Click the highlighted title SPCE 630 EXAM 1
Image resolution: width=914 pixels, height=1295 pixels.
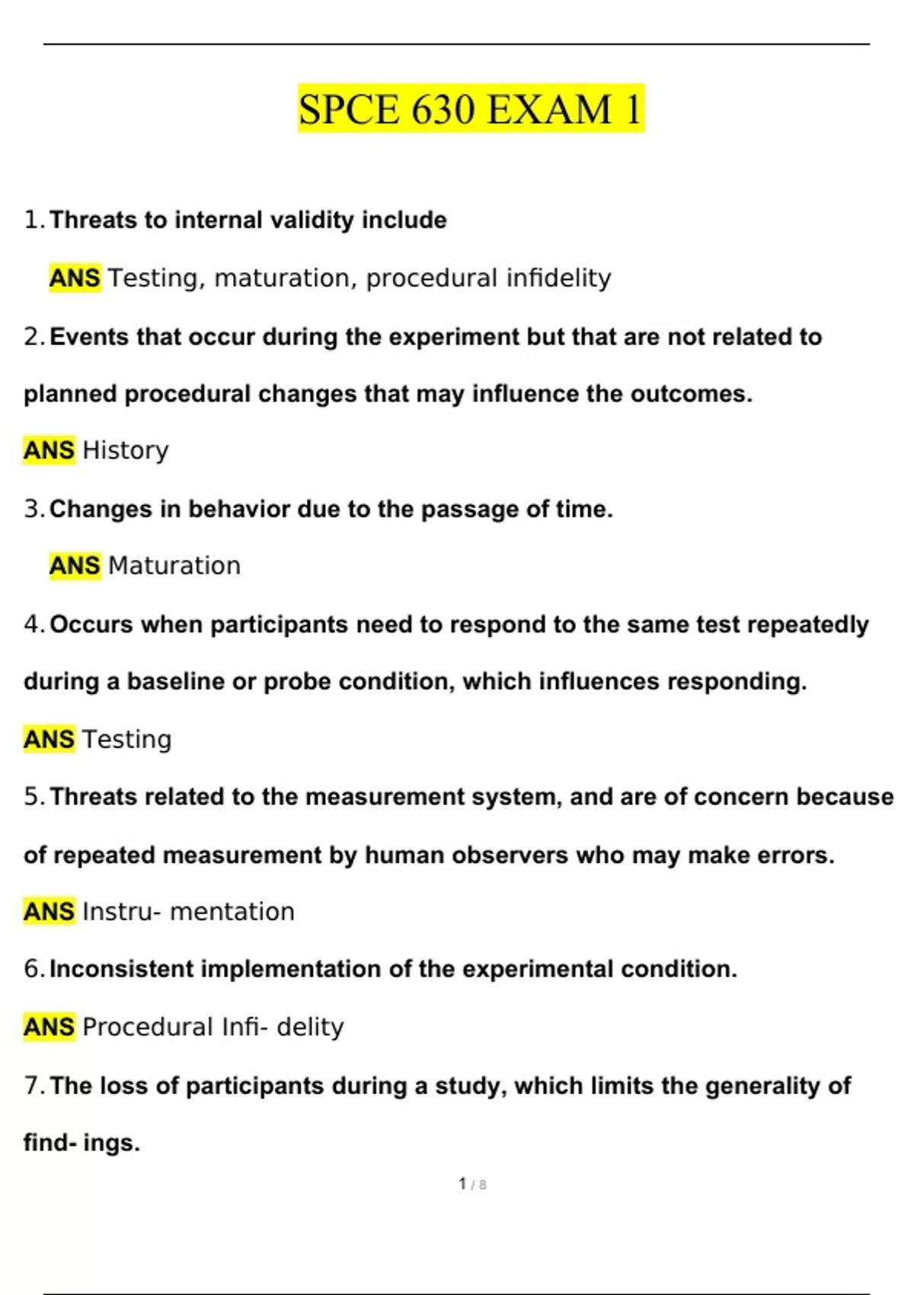coord(471,108)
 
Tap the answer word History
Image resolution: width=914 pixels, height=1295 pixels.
coord(126,450)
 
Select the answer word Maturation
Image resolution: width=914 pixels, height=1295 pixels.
coord(174,566)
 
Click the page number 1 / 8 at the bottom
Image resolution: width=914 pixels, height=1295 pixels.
coord(472,1184)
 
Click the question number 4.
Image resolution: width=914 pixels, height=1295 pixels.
coord(34,625)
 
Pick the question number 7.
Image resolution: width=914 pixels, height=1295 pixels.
coord(34,1086)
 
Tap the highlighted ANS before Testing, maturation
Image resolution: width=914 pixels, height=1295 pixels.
coord(75,278)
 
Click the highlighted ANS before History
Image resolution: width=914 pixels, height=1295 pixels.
coord(50,450)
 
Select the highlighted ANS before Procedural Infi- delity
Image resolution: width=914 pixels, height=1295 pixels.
coord(50,1027)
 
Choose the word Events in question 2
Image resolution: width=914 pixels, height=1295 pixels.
coord(89,337)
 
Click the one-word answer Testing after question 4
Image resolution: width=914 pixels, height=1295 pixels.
coord(127,739)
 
